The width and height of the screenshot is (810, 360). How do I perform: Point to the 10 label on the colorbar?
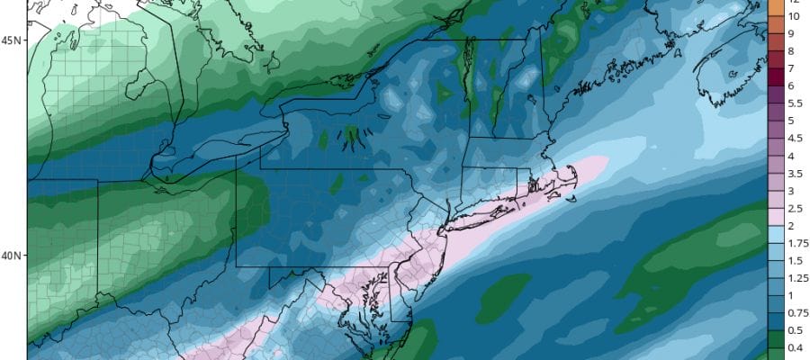[794, 16]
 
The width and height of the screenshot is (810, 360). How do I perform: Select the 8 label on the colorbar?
[793, 50]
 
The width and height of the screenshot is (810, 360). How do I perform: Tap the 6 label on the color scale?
[793, 85]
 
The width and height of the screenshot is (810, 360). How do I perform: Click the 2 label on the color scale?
[793, 225]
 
